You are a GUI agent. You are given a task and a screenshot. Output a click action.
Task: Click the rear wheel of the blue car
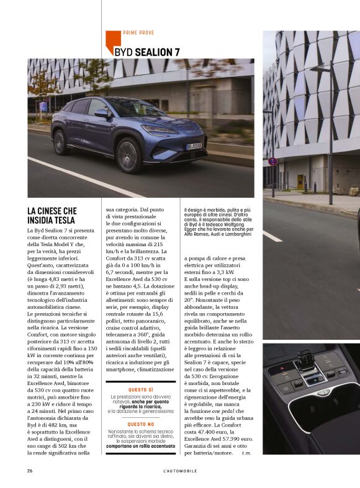point(61,142)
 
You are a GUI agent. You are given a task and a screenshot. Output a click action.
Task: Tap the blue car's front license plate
point(194,146)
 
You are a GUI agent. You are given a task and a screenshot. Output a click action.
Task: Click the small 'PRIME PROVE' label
point(138,33)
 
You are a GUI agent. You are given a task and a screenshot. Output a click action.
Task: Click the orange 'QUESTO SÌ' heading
point(140,389)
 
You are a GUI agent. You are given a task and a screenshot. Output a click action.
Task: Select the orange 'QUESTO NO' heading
point(140,424)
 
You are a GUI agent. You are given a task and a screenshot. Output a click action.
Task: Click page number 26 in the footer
point(30,471)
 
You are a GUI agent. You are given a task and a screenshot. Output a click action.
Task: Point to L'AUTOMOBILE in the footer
point(180,471)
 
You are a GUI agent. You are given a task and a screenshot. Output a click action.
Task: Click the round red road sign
point(272,161)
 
